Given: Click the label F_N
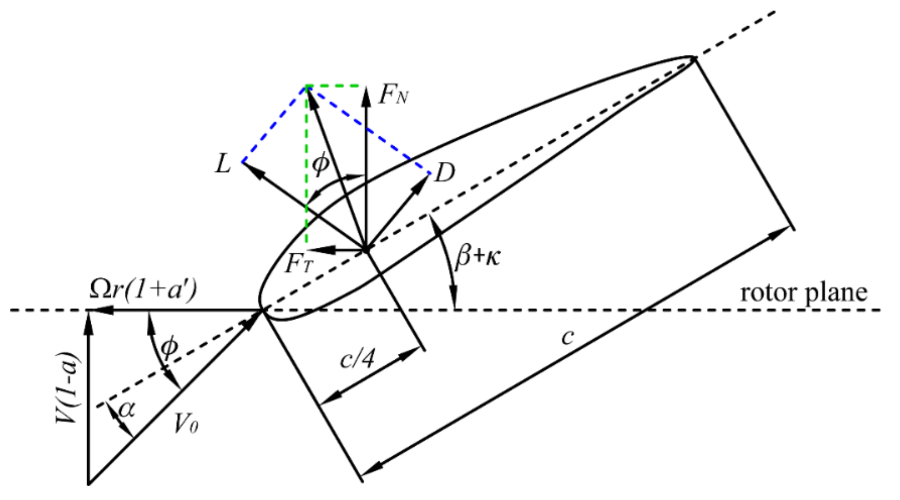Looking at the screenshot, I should tap(393, 95).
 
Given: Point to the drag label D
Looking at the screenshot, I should tap(444, 173).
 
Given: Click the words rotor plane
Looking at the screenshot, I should tap(803, 293).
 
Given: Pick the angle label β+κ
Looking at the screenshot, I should tap(478, 256).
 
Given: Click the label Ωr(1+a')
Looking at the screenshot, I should tap(143, 289).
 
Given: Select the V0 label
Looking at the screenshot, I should tap(186, 424).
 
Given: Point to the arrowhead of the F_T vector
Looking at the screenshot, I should tap(313, 251).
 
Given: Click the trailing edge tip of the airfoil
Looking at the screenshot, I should tap(694, 57).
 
